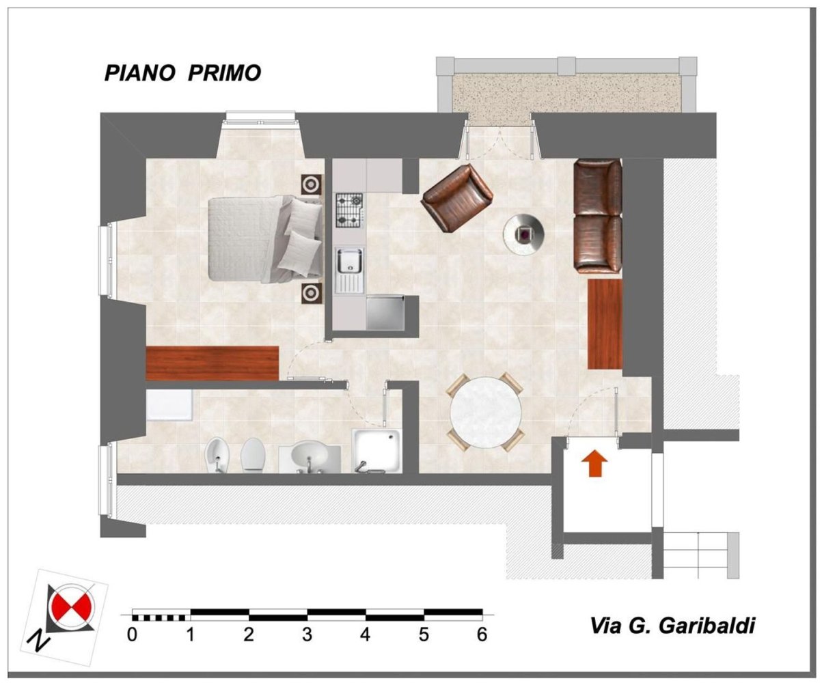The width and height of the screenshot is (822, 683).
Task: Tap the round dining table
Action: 485,411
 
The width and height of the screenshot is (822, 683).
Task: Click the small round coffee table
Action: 524,234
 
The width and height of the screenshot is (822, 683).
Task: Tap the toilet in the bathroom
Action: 253,456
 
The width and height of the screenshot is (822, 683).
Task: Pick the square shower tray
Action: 377,449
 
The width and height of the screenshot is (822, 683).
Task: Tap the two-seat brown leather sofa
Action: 597,215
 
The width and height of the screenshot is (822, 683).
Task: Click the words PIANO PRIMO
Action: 182,73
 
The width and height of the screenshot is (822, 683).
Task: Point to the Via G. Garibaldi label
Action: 672,626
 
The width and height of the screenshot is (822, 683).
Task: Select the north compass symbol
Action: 67,607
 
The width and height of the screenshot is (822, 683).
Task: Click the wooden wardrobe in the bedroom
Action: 213,363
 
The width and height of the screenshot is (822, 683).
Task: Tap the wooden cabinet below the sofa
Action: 605,323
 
